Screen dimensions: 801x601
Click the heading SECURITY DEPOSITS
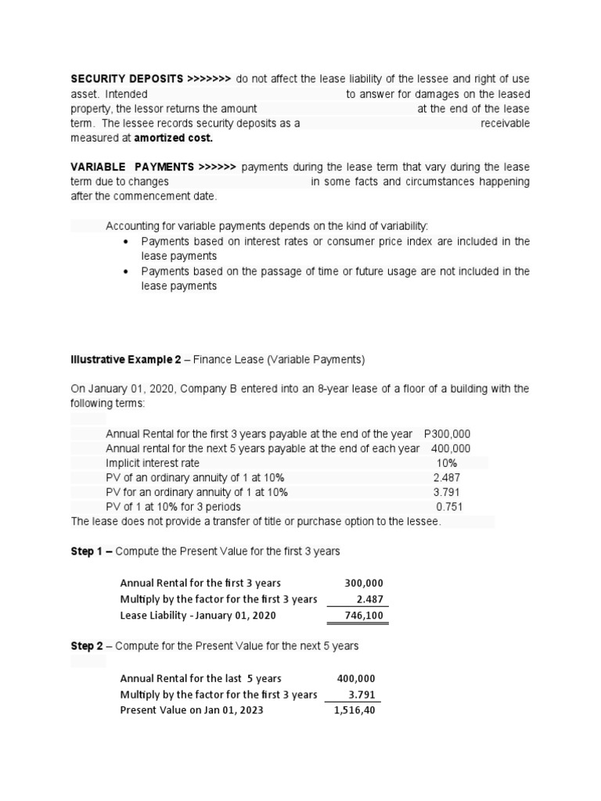point(128,79)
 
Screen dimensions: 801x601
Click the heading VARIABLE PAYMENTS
point(132,167)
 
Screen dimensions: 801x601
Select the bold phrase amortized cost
point(174,138)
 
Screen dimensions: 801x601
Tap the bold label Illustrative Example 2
point(126,360)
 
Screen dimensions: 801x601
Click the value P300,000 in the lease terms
point(447,433)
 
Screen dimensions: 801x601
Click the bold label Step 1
point(91,551)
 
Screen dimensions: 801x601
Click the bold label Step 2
point(91,646)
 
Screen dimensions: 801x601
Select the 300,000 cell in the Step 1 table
point(364,584)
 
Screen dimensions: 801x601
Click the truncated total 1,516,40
point(354,710)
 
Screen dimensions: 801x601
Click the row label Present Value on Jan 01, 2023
point(192,710)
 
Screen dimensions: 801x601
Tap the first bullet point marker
point(127,242)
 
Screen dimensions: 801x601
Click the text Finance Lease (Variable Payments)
point(279,360)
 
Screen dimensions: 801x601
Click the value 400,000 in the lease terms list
point(451,448)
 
